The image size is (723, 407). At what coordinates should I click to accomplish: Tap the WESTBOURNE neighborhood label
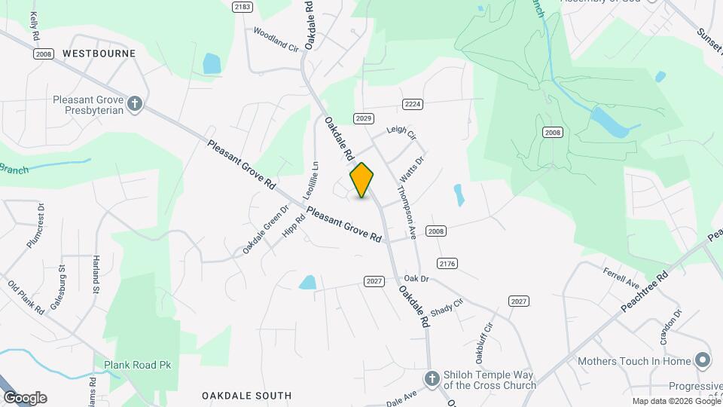point(99,54)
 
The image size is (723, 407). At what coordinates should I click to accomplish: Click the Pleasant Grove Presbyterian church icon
point(135,104)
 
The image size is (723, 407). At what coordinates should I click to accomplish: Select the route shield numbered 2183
point(242,7)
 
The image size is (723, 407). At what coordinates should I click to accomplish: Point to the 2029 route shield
point(364,118)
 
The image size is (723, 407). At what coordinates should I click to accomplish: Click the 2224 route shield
point(411,104)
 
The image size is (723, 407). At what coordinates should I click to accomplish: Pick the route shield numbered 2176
point(447,263)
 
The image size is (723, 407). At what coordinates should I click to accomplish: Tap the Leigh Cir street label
point(401,132)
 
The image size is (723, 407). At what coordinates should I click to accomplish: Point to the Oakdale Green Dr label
point(266,230)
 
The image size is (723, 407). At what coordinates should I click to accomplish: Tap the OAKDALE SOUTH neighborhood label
point(246,396)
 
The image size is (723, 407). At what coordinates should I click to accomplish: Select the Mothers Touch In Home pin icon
point(703,361)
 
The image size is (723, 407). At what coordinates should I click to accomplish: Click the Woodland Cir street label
point(276,39)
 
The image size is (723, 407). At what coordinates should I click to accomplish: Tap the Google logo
point(25,398)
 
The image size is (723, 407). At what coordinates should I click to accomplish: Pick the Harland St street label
point(96,274)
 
